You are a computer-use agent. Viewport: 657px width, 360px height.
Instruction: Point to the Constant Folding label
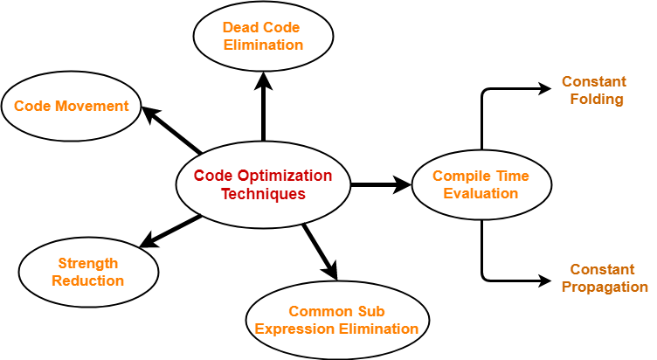[595, 90]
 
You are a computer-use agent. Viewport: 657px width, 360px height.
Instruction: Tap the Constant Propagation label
[604, 278]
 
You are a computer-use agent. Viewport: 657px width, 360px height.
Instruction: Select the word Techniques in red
[263, 194]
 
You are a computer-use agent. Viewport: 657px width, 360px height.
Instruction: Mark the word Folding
[597, 100]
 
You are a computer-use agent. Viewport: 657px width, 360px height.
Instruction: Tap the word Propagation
[605, 287]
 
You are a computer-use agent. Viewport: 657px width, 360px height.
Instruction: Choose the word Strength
[88, 263]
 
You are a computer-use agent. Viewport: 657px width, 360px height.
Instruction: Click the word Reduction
[88, 280]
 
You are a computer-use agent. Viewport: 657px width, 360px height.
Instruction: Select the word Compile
[459, 176]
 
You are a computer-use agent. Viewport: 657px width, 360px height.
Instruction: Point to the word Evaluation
[481, 193]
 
